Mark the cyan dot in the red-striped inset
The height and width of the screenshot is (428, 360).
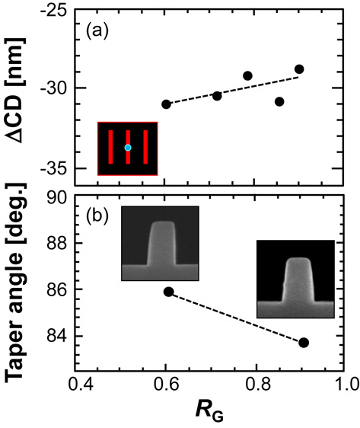click(128, 147)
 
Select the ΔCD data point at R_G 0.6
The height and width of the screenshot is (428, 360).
click(166, 104)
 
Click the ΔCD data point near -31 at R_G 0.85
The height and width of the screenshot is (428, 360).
click(279, 101)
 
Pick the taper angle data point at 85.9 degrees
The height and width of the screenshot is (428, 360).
click(169, 292)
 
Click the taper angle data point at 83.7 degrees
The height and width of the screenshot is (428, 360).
click(304, 343)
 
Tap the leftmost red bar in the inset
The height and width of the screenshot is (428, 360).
click(110, 148)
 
